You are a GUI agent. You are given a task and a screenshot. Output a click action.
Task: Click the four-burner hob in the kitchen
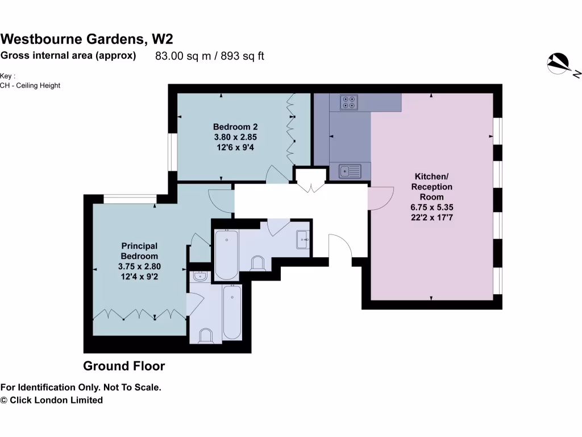(348, 102)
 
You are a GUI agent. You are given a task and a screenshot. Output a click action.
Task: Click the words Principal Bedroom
(139, 251)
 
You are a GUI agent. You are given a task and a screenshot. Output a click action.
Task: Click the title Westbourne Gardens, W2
(86, 39)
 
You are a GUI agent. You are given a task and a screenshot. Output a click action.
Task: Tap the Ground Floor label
(124, 366)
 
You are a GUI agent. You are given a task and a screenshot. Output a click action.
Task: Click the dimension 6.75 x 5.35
(432, 207)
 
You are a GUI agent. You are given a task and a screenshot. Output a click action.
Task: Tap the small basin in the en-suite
(200, 277)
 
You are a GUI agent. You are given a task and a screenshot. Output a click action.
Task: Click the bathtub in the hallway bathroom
(227, 254)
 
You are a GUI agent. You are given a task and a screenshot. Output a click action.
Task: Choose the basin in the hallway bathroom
(302, 240)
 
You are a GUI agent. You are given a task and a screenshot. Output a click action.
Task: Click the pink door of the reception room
(380, 199)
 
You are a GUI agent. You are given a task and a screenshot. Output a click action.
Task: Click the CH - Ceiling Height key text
(30, 85)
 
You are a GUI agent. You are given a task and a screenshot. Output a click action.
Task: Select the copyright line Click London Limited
(52, 400)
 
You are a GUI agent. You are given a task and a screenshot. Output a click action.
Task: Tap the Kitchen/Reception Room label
(432, 187)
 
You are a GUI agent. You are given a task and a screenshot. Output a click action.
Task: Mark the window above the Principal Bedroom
(130, 199)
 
